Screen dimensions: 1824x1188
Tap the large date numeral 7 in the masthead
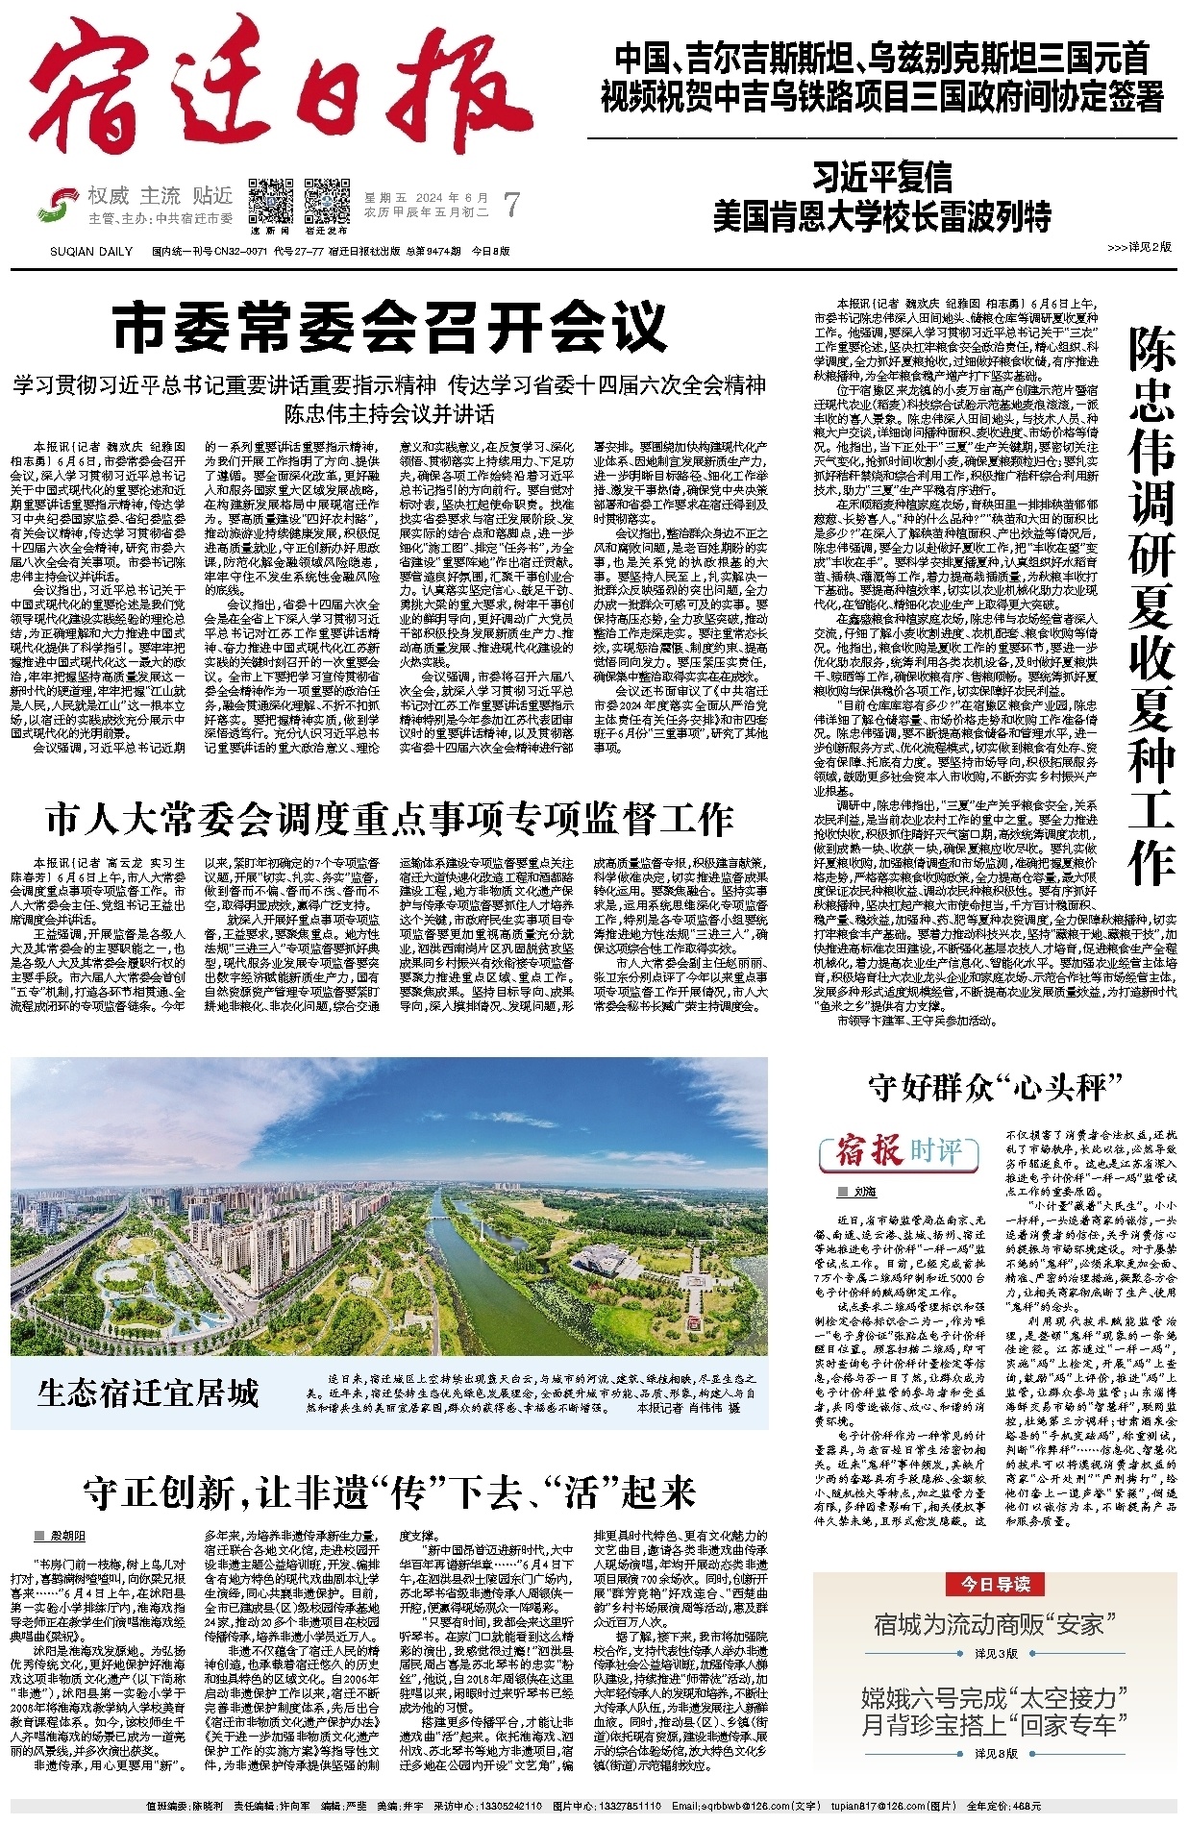[x=512, y=205]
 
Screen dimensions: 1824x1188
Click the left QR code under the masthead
[x=271, y=201]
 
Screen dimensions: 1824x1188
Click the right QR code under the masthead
[x=327, y=201]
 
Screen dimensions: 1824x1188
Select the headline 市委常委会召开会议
[x=389, y=327]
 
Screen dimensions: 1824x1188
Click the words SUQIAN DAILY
[x=91, y=252]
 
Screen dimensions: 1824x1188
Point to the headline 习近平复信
[x=881, y=178]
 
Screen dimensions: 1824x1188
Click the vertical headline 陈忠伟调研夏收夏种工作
[x=1151, y=605]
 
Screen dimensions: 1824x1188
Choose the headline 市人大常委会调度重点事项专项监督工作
[x=389, y=819]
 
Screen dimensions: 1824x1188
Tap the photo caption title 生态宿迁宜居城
[x=149, y=1393]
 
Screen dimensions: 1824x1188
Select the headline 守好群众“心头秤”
[x=996, y=1087]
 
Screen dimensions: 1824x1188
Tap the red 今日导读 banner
[x=996, y=1584]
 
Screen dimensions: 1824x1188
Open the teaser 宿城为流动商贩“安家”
[x=996, y=1624]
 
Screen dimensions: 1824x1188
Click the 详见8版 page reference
[x=996, y=1754]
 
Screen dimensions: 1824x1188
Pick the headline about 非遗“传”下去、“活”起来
[x=389, y=1492]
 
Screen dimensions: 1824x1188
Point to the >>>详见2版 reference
[x=1139, y=247]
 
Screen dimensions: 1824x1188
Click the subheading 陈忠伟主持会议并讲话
[x=389, y=414]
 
